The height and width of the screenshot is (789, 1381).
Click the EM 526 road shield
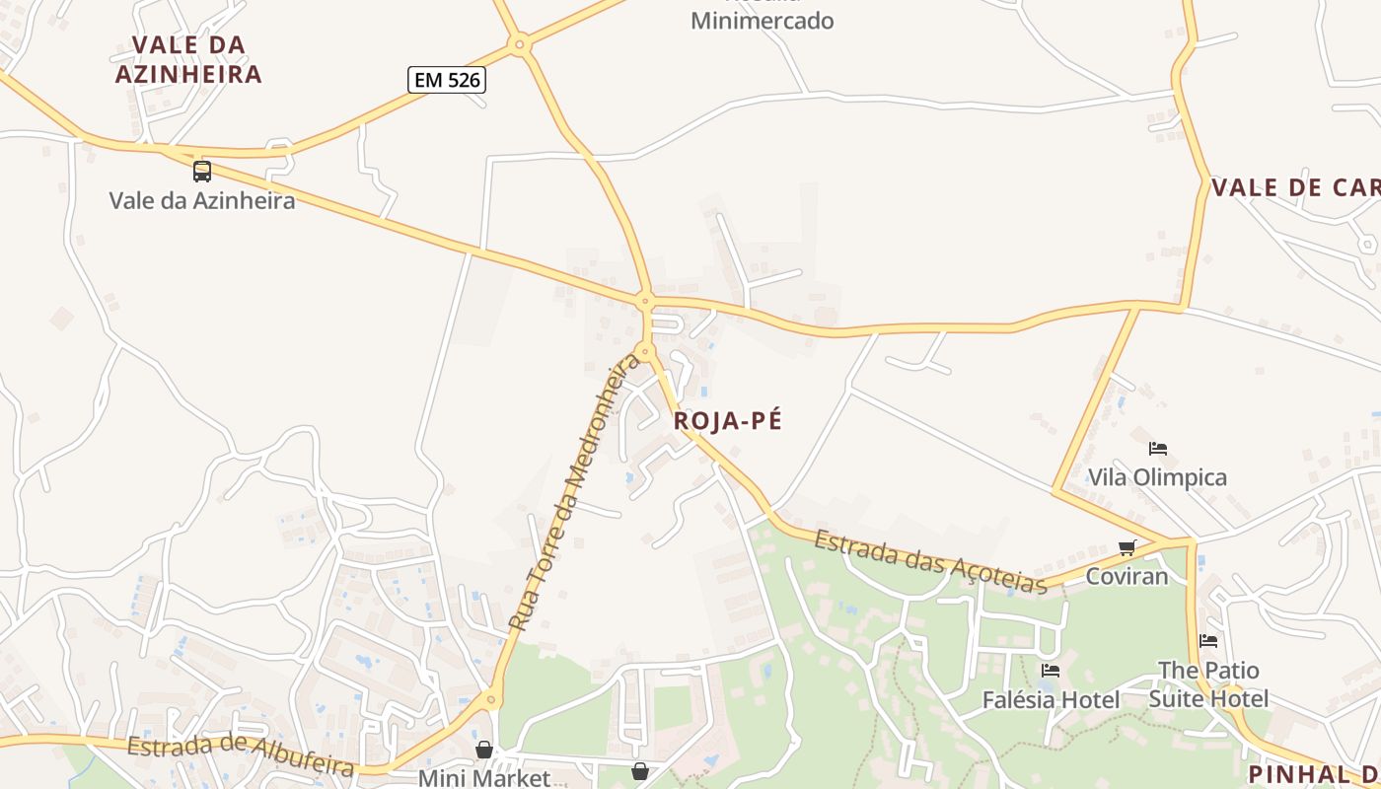[x=447, y=80]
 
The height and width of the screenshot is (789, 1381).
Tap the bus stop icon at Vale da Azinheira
[x=202, y=172]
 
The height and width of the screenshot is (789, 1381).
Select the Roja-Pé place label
[x=728, y=421]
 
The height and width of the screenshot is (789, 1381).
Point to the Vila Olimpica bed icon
[x=1158, y=449]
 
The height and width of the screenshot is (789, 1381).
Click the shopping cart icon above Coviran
[x=1127, y=547]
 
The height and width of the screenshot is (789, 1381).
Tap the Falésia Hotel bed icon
[x=1051, y=671]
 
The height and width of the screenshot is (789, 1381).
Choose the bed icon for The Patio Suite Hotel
[x=1208, y=641]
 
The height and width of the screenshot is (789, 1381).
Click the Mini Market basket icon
[x=483, y=751]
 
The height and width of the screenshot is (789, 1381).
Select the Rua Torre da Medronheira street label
[x=574, y=493]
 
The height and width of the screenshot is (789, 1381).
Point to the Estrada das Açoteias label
[x=930, y=562]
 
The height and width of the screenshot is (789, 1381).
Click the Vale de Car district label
[x=1294, y=187]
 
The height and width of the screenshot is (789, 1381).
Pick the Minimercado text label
[x=762, y=21]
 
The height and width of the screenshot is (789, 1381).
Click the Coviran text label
[x=1127, y=576]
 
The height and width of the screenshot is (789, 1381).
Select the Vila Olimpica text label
[x=1157, y=477]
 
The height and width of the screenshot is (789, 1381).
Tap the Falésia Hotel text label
[x=1051, y=700]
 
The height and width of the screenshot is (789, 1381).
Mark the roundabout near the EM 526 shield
[x=520, y=43]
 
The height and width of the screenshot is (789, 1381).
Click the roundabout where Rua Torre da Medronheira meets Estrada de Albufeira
[x=490, y=700]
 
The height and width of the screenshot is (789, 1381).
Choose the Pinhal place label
[x=1313, y=774]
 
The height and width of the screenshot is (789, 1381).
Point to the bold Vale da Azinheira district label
[x=188, y=59]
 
